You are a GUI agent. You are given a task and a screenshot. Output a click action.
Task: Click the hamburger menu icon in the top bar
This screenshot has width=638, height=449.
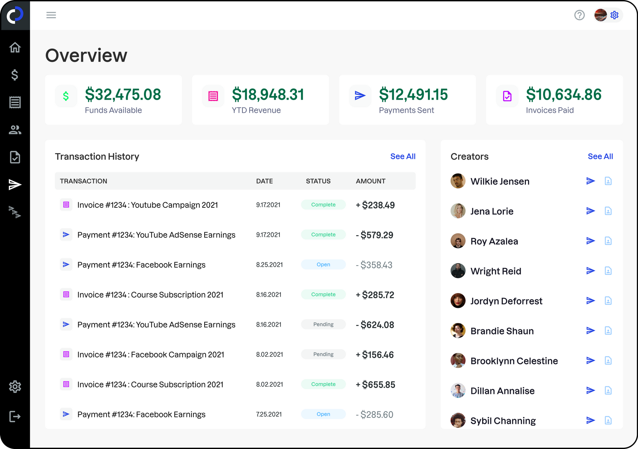point(51,15)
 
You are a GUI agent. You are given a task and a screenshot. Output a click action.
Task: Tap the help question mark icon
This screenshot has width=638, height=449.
point(579,15)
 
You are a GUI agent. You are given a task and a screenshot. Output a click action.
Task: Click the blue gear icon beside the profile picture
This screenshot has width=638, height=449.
point(614,15)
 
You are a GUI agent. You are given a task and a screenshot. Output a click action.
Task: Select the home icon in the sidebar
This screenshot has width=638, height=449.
point(15,47)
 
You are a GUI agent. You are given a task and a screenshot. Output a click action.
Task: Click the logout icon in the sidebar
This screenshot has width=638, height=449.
point(15,417)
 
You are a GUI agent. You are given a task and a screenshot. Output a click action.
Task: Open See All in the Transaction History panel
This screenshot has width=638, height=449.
point(403,156)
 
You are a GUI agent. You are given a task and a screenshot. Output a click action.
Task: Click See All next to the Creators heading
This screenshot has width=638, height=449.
point(600,156)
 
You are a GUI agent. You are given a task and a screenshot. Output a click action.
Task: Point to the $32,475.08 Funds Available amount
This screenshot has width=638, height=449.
point(123,95)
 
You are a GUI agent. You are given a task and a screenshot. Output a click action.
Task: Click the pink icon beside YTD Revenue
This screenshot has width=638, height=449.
point(213,96)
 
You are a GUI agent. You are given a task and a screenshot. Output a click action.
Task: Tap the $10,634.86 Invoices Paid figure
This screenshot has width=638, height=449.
point(563,95)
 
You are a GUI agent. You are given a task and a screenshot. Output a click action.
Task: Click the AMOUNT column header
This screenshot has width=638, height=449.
point(370,181)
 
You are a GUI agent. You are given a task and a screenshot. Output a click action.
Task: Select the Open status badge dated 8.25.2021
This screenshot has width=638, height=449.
point(323,264)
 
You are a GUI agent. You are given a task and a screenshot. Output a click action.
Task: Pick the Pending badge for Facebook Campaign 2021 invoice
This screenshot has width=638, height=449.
point(323,354)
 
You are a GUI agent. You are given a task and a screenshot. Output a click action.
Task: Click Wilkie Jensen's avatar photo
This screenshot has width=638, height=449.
point(458,181)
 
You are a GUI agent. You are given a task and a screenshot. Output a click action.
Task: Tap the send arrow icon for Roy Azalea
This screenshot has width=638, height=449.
point(591,241)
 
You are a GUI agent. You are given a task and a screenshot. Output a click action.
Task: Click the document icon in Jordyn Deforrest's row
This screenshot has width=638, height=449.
point(608,301)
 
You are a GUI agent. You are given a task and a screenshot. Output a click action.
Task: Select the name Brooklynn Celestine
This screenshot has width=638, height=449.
point(514,361)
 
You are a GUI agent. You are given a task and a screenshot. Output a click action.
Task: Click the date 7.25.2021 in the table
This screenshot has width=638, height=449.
point(269,414)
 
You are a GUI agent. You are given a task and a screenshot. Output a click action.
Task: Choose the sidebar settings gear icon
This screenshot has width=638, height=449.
point(15,386)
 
